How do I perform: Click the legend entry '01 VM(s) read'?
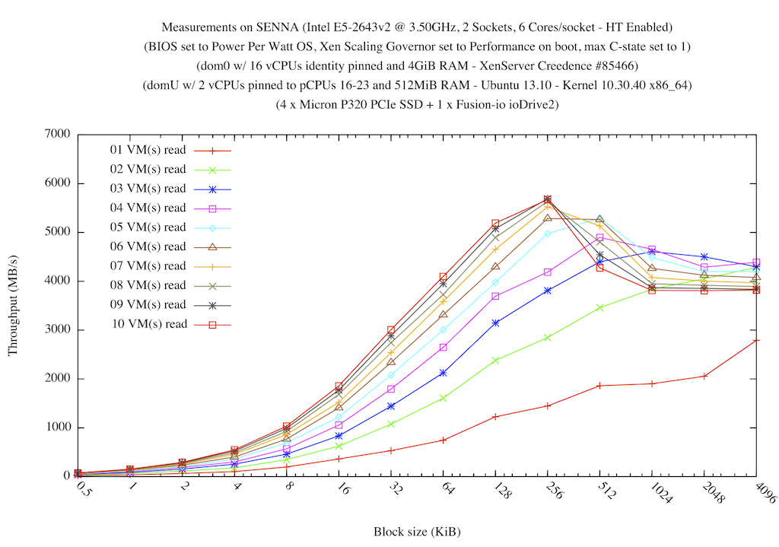[x=148, y=149]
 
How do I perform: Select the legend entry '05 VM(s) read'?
[x=148, y=227]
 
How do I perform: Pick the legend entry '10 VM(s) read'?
[x=148, y=324]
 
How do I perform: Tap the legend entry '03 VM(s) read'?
[x=148, y=188]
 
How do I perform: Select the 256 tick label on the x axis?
[x=552, y=492]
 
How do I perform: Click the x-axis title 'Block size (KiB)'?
[x=416, y=531]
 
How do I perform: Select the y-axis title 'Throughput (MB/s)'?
[x=13, y=305]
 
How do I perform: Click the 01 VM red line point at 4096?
[x=757, y=340]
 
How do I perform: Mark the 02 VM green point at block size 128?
[x=495, y=360]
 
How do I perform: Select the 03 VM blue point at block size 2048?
[x=704, y=257]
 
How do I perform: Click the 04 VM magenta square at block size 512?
[x=600, y=238]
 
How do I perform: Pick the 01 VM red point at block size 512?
[x=600, y=386]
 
